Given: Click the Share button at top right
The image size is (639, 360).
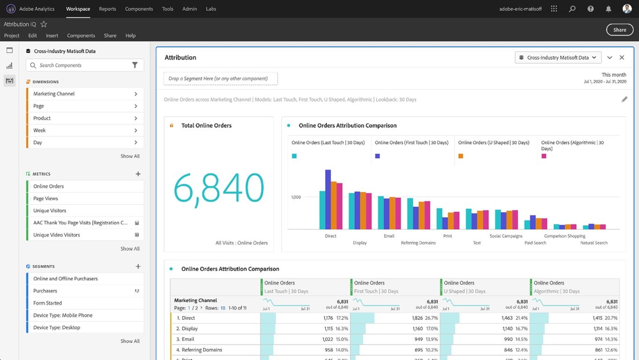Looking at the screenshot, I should (619, 30).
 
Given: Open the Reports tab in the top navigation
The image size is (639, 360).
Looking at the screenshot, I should (107, 9).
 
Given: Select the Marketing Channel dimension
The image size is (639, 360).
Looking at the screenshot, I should (54, 94).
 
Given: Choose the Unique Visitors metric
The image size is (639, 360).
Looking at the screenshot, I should (50, 211).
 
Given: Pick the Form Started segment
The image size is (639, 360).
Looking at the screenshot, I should (47, 303).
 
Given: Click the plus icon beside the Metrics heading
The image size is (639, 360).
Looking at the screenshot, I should (138, 174).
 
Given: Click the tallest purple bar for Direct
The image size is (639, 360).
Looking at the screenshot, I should (328, 199).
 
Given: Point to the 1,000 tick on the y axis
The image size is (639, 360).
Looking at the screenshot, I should (296, 197).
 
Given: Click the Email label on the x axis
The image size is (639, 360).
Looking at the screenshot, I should (389, 236).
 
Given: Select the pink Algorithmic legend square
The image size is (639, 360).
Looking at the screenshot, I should (544, 156).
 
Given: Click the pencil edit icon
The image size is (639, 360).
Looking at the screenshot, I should (624, 99).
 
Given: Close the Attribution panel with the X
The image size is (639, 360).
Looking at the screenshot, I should (622, 58).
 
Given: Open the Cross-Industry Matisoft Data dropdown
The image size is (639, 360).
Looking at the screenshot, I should (558, 58).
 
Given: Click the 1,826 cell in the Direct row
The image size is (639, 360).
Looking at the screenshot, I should (417, 318).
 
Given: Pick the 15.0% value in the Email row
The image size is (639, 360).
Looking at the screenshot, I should (341, 339).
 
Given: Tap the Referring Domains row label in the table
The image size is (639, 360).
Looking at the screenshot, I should (202, 350).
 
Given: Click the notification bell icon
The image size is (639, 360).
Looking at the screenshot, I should (608, 9).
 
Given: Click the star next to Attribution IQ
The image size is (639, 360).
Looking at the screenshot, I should (44, 24).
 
